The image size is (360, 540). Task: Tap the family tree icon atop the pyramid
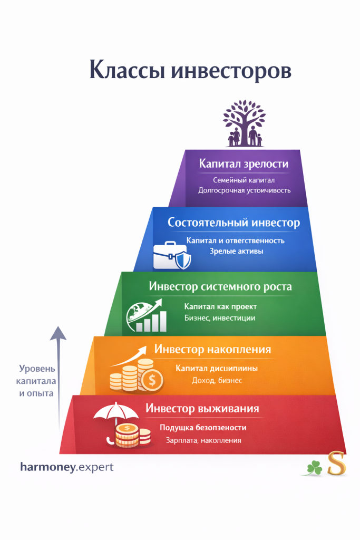point(244,124)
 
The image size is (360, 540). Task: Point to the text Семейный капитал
point(244,180)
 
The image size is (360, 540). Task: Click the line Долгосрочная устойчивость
point(244,190)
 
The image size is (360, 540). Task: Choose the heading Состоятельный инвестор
point(233,223)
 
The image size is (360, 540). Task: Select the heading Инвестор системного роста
point(220,287)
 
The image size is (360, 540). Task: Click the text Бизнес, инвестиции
point(220,317)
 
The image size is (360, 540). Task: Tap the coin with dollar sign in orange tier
point(152,379)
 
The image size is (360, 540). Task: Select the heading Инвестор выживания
point(202,409)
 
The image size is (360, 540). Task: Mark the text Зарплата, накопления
point(203,440)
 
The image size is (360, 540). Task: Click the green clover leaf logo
point(315,467)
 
